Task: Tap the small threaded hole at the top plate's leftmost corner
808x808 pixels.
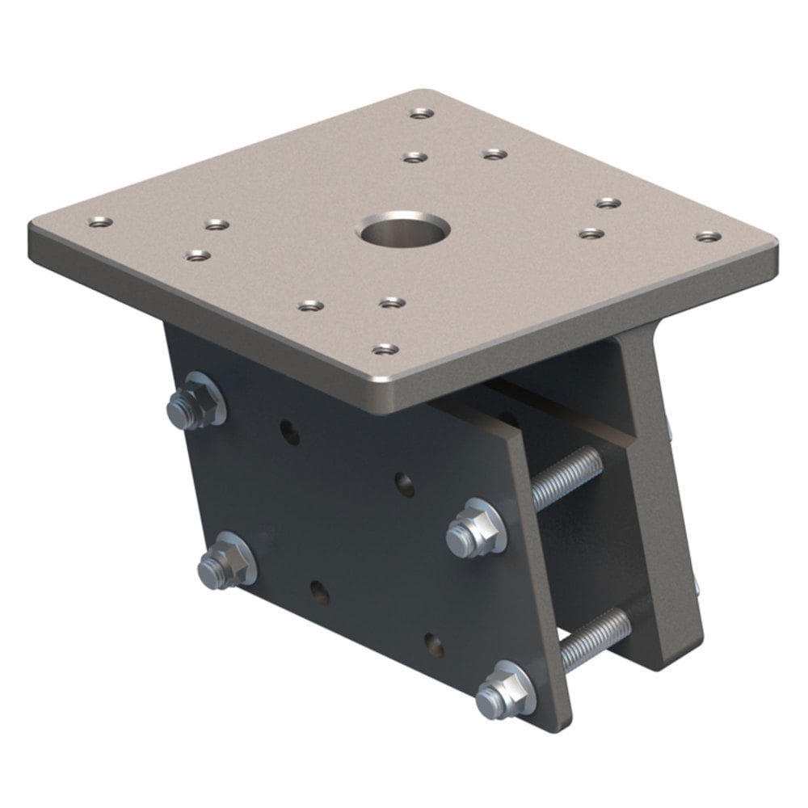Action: [100, 221]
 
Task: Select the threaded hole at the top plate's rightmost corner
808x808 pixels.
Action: [709, 237]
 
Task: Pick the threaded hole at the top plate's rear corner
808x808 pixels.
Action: [418, 113]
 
